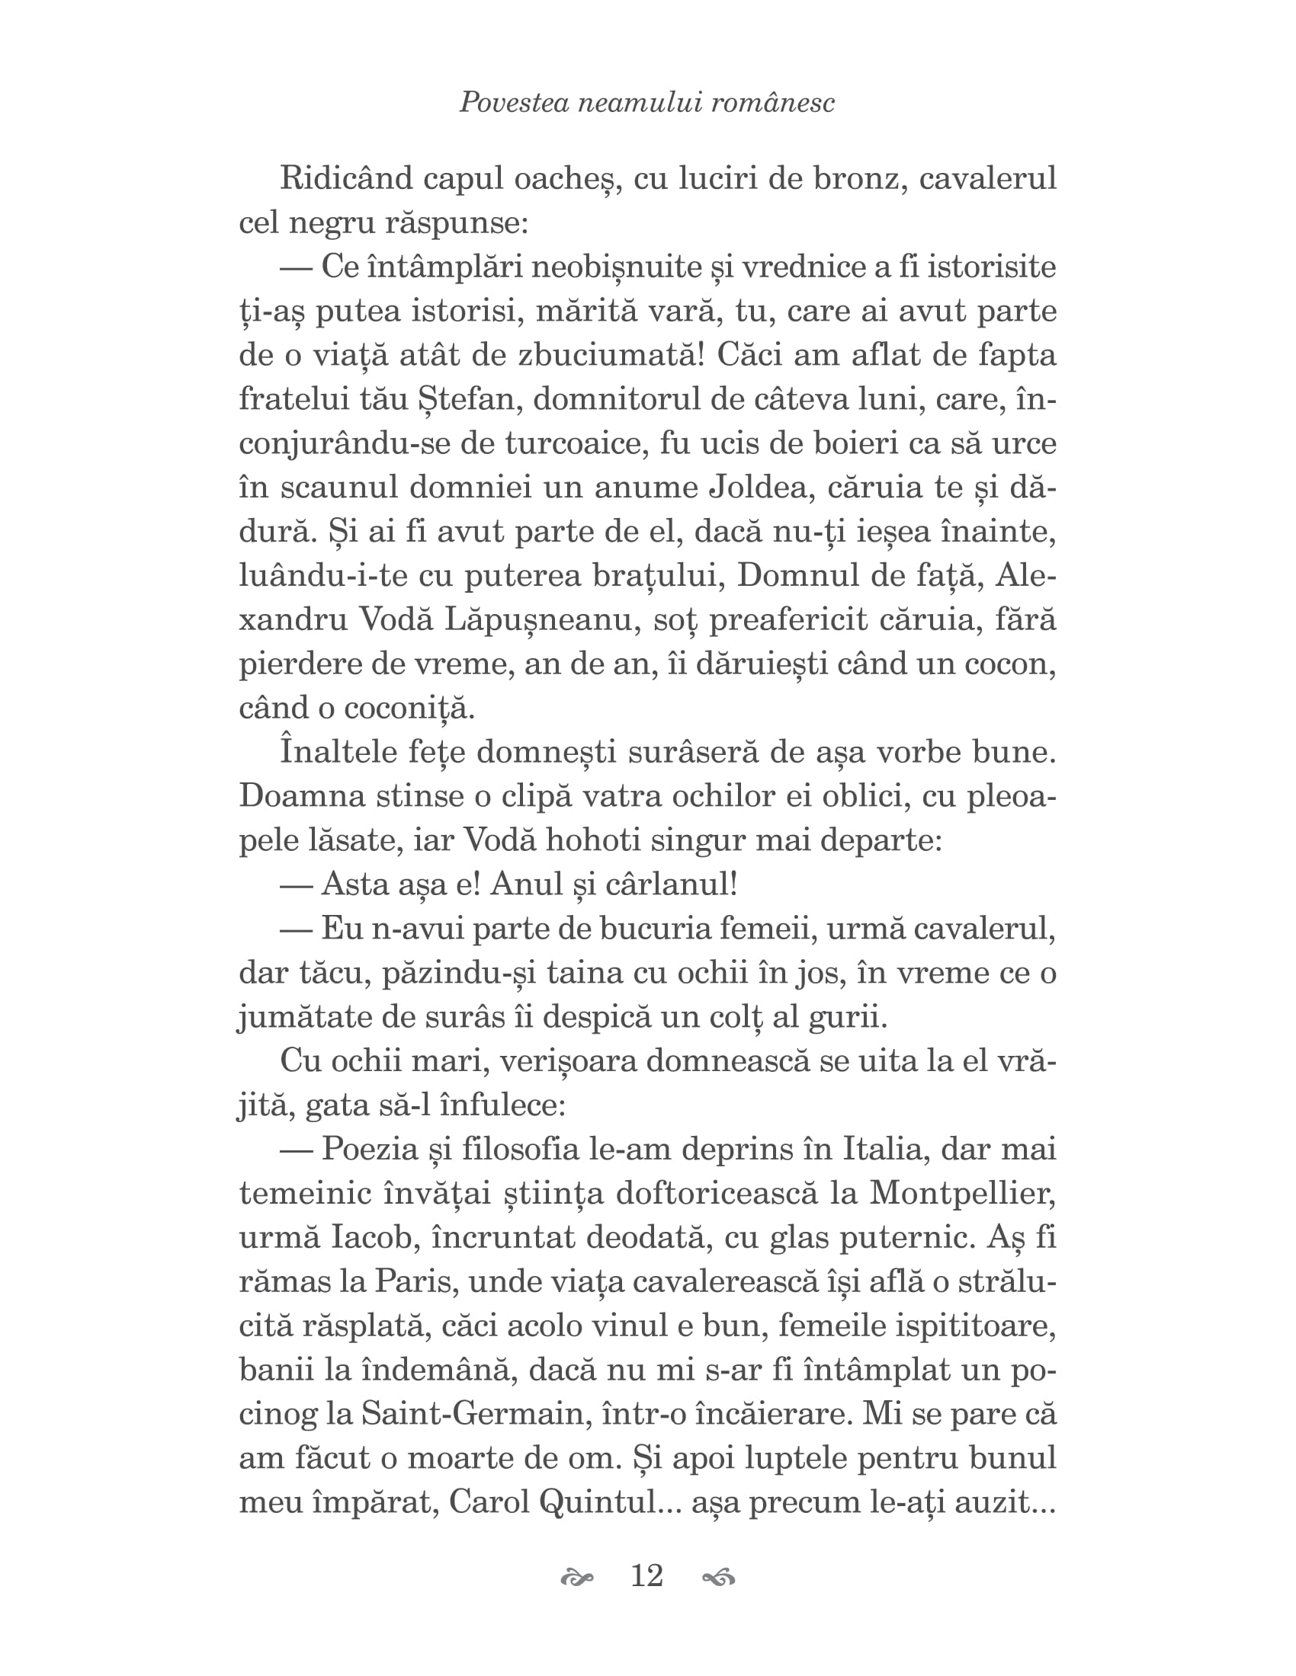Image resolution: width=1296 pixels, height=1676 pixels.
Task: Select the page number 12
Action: tap(646, 1576)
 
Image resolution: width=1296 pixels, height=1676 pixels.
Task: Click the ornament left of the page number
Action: tap(577, 1578)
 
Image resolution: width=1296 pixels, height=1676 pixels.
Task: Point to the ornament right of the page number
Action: tap(719, 1578)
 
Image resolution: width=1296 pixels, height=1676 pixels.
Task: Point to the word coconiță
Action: tap(409, 708)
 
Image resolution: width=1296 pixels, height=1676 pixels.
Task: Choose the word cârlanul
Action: tap(671, 884)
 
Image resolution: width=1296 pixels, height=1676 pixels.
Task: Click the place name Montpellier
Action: tap(963, 1194)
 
